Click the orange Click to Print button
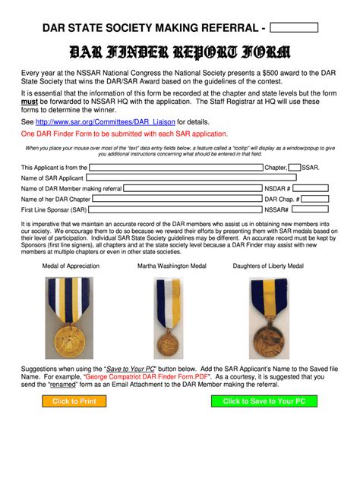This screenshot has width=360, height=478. coord(74,401)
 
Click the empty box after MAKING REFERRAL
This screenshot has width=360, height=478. coord(294,28)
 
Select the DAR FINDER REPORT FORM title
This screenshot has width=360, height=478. coord(179,52)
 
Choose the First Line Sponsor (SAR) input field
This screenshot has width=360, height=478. coord(174,209)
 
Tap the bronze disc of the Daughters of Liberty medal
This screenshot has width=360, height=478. coord(268,338)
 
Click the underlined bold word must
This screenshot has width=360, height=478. coord(30,100)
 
